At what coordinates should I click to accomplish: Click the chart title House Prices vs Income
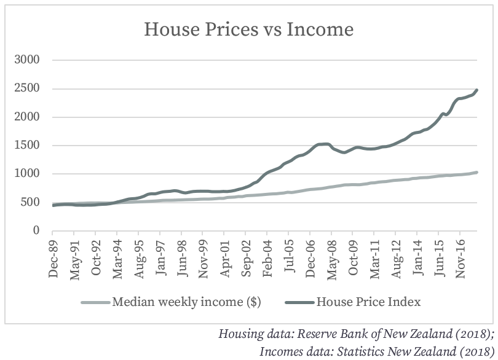point(248,29)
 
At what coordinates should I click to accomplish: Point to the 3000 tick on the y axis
point(28,60)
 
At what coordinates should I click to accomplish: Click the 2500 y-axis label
point(28,88)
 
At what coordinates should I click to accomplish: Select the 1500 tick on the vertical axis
point(28,146)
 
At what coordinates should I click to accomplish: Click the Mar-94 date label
point(117,259)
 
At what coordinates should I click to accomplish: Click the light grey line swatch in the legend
point(95,302)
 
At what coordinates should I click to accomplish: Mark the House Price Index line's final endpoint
point(476,90)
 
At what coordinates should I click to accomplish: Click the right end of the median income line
point(476,173)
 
